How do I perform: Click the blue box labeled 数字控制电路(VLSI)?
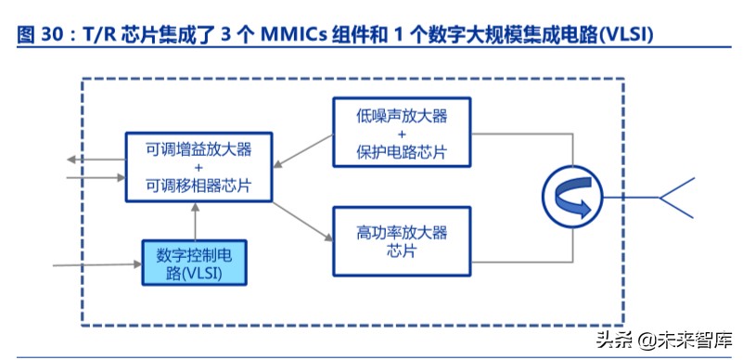(x=194, y=262)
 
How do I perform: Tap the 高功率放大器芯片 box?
(x=402, y=240)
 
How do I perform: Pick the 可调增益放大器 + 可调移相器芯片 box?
(x=199, y=167)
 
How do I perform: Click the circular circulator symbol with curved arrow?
(x=569, y=196)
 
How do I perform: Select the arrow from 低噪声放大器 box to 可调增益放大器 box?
(x=304, y=150)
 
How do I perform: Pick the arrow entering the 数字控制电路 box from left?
(x=97, y=264)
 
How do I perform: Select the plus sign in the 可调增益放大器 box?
(x=199, y=167)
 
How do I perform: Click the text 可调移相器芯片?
(x=199, y=186)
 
